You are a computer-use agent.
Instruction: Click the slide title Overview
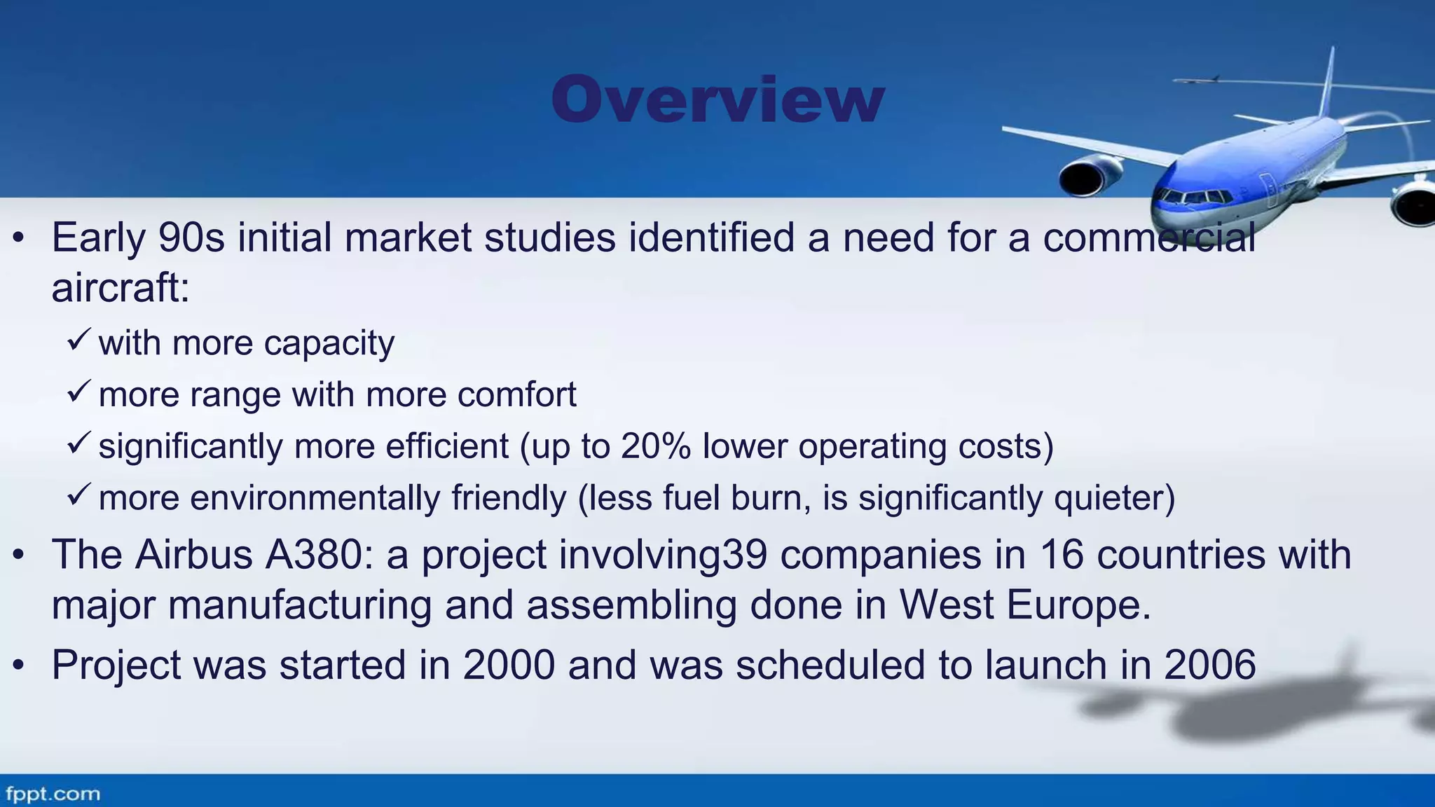click(717, 99)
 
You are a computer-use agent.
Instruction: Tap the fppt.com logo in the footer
click(53, 794)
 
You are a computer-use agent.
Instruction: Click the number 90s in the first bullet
click(191, 237)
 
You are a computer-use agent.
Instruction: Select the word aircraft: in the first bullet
click(121, 287)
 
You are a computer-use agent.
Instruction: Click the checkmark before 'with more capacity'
click(78, 340)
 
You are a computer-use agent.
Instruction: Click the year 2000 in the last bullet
click(509, 665)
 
